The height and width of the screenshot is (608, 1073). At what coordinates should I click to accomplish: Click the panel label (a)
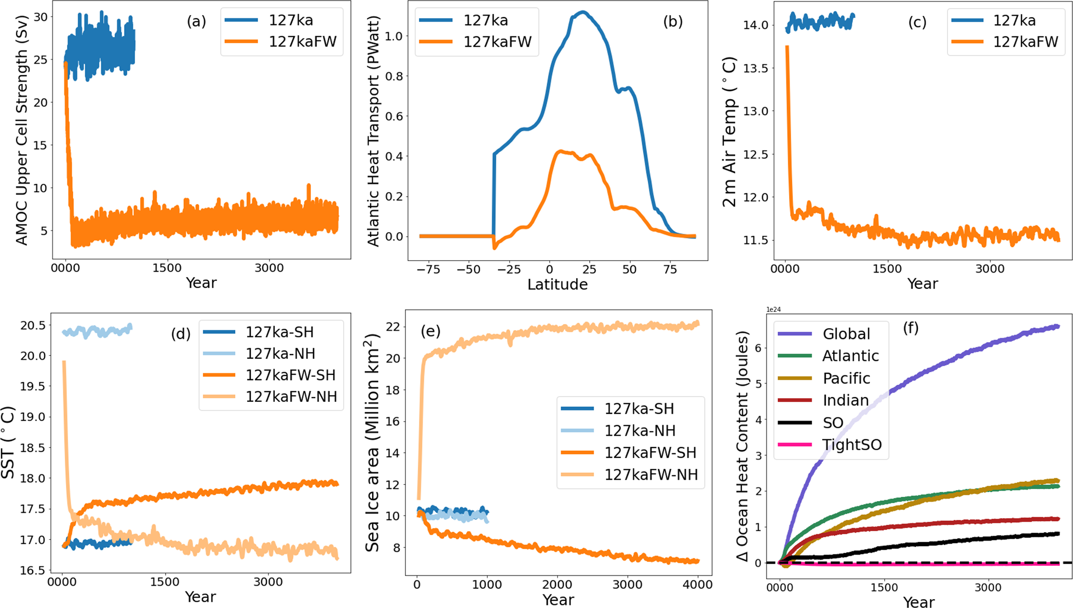[x=196, y=21]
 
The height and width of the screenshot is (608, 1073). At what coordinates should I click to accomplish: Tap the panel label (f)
[x=911, y=328]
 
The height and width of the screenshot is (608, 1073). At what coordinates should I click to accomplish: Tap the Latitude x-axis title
[x=558, y=285]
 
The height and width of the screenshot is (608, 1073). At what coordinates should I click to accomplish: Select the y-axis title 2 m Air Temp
[x=729, y=132]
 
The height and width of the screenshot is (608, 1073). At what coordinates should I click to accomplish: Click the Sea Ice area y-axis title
[x=373, y=443]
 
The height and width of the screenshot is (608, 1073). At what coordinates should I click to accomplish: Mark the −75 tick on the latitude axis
[x=428, y=269]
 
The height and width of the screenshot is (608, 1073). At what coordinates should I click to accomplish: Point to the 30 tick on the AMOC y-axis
[x=40, y=17]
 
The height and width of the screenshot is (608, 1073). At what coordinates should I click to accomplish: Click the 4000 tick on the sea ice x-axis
[x=698, y=585]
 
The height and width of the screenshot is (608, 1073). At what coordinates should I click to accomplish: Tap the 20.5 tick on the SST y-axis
[x=33, y=326]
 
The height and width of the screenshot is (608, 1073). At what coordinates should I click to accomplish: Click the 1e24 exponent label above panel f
[x=773, y=309]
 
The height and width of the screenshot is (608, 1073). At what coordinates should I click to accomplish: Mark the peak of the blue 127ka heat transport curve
[x=583, y=12]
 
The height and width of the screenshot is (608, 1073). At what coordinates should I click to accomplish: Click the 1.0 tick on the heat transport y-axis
[x=396, y=36]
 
